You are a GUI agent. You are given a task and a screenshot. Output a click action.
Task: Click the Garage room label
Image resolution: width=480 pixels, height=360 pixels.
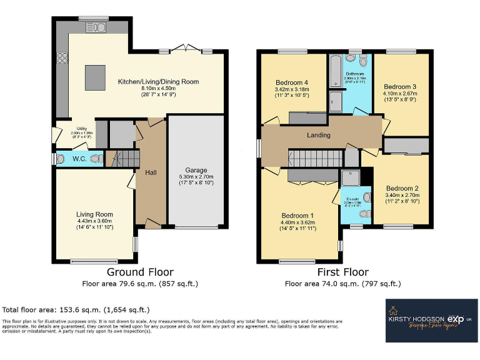pyautogui.click(x=195, y=170)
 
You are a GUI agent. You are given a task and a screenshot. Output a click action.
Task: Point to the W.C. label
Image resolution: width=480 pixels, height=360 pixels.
pyautogui.click(x=79, y=158)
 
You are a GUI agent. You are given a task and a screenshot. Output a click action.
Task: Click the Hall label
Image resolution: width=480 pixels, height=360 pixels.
pyautogui.click(x=151, y=172)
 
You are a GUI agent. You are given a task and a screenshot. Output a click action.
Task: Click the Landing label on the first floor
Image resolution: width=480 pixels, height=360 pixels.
pyautogui.click(x=318, y=135)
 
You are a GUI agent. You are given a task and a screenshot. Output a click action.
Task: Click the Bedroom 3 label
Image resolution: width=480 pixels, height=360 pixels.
pyautogui.click(x=400, y=87)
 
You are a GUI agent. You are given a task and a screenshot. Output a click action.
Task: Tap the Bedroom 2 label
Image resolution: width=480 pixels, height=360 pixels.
pyautogui.click(x=402, y=188)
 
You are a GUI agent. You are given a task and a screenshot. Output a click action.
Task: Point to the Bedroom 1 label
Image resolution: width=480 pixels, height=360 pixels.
pyautogui.click(x=298, y=216)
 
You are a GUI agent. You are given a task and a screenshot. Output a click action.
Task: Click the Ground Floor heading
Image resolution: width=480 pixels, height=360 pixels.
pyautogui.click(x=140, y=272)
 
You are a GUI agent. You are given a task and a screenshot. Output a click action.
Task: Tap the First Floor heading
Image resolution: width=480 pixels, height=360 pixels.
pyautogui.click(x=342, y=272)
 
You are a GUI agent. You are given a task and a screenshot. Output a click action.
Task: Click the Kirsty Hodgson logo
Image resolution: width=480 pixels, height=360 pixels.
pyautogui.click(x=431, y=319)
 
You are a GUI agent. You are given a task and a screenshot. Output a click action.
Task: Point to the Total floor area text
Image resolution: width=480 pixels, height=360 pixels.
pyautogui.click(x=76, y=309)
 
